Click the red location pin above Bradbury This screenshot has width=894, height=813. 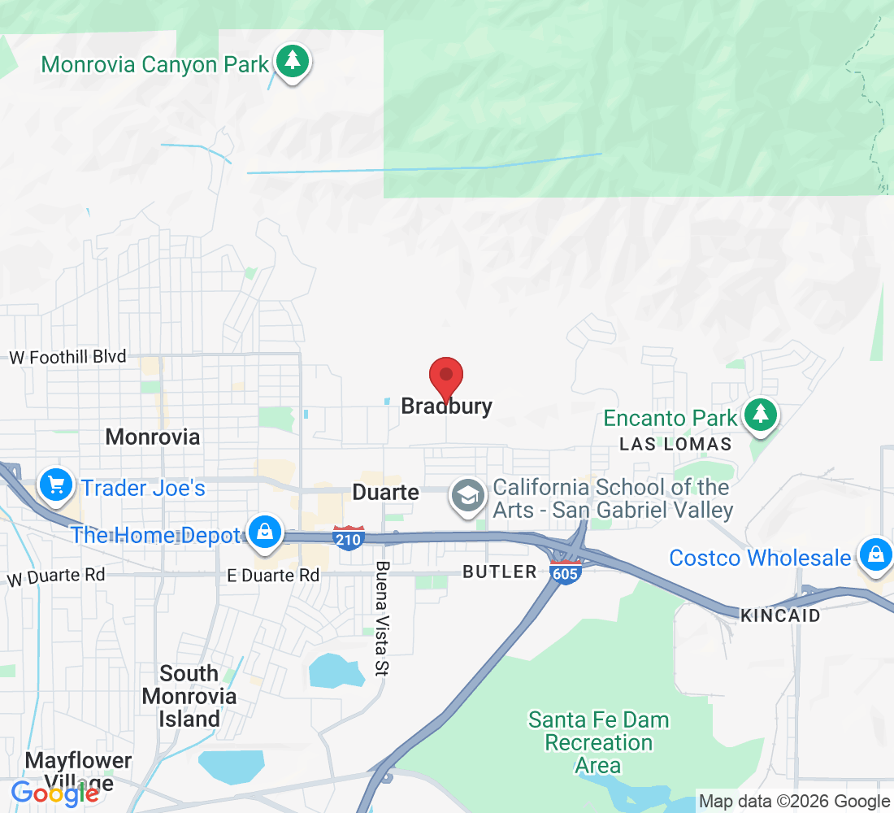445,376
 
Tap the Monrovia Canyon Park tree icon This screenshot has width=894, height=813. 292,62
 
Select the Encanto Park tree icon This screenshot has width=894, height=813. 760,415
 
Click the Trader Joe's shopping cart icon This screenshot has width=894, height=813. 55,486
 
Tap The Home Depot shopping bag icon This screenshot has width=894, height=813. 264,533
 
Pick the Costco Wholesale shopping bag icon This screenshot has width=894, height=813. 874,556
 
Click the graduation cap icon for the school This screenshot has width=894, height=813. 468,495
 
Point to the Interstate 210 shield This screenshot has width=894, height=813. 349,537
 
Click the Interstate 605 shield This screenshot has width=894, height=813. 565,570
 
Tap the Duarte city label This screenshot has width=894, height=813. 385,492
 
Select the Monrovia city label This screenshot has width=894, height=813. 153,437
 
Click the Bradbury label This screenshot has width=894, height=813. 447,406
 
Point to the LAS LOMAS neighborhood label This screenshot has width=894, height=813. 675,444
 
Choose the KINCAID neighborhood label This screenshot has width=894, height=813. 780,615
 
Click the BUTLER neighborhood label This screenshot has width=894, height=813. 500,572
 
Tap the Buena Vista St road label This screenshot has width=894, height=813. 382,619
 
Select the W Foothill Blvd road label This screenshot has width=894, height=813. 67,356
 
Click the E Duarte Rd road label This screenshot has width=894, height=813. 273,576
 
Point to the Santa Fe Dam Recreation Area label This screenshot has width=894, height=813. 599,742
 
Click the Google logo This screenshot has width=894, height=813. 54,792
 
